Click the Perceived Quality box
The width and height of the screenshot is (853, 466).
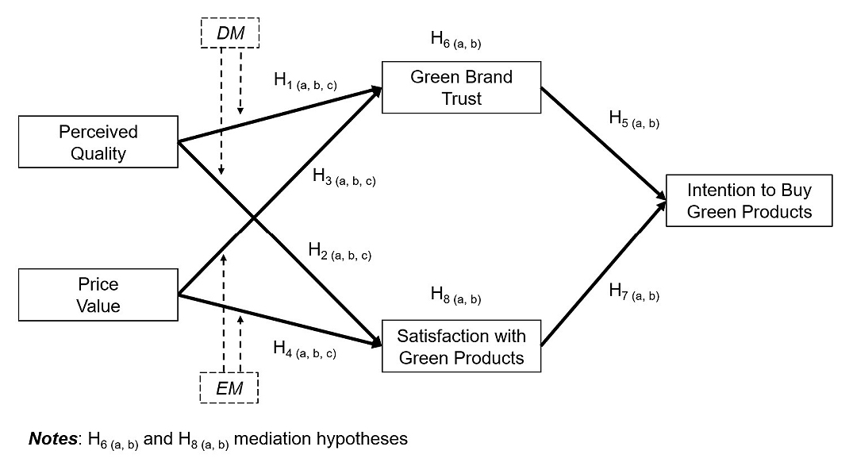(x=98, y=143)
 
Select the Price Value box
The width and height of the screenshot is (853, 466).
(x=98, y=295)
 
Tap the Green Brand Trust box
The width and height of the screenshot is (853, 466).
(x=461, y=87)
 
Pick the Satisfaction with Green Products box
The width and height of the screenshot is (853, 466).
(x=461, y=346)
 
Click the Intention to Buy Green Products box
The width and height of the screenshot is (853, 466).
(x=749, y=201)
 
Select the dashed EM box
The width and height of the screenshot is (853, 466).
(x=229, y=389)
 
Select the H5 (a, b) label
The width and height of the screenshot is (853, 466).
(x=634, y=120)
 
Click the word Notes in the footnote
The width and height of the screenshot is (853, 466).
(x=50, y=439)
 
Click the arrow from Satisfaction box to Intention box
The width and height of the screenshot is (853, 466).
(x=603, y=274)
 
